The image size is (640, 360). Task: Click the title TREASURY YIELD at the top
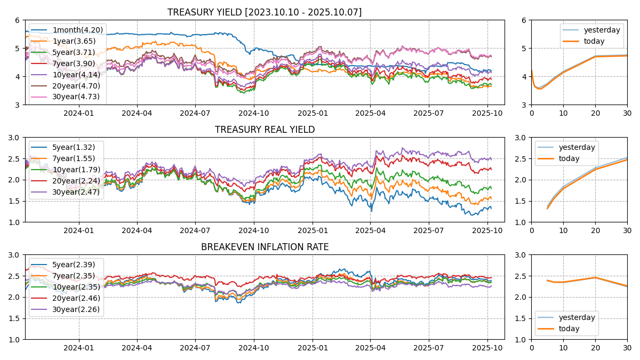(264, 12)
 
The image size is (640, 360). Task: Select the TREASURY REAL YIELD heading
(265, 130)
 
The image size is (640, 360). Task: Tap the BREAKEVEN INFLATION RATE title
(265, 247)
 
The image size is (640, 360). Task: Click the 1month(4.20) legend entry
(77, 30)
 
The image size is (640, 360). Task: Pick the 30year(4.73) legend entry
(76, 97)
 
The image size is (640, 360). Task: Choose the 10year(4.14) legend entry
(76, 75)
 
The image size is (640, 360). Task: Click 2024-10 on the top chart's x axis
(253, 113)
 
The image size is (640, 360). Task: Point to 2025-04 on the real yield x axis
(370, 230)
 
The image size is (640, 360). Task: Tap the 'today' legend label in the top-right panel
(594, 41)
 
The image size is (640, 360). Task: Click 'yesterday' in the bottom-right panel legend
(577, 317)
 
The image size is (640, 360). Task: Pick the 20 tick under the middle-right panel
(595, 230)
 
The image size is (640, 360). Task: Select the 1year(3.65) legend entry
(74, 41)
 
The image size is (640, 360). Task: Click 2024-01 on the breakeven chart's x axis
(79, 348)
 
